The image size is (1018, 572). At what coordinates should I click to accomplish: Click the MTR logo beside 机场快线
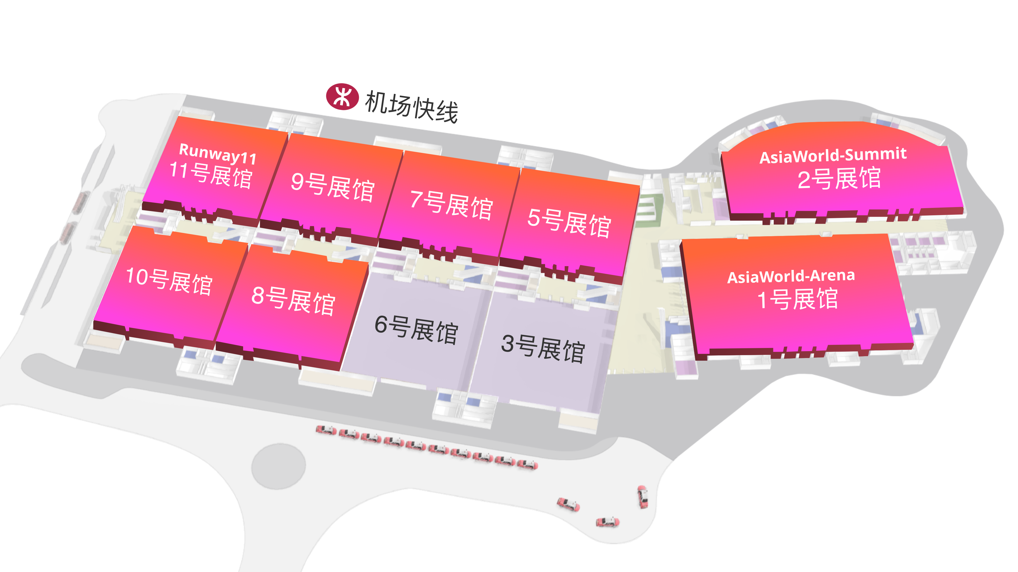tap(342, 96)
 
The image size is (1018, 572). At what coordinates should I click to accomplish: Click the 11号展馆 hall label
tap(211, 175)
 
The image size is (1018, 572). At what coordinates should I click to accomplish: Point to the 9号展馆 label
tap(333, 187)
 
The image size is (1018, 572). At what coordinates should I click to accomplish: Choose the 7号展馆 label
tap(451, 205)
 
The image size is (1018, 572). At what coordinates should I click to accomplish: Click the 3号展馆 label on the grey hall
tap(543, 348)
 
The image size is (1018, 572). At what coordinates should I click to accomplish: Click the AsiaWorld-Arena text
tap(791, 276)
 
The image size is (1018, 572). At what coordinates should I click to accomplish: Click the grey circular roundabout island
tap(279, 466)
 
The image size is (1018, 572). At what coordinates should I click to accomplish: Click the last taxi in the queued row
tap(528, 465)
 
